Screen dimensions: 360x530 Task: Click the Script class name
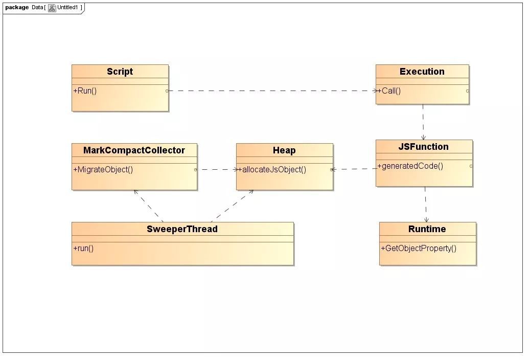pos(120,72)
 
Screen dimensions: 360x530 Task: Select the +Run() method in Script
pos(85,91)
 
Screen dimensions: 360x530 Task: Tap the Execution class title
pos(422,72)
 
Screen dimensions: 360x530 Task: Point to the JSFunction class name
pos(423,147)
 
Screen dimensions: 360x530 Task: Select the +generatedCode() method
pos(410,166)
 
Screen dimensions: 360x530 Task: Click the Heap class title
pos(284,150)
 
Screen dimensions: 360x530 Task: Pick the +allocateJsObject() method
pos(272,169)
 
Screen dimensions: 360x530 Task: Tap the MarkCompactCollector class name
pos(134,150)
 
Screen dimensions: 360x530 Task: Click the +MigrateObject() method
pos(103,169)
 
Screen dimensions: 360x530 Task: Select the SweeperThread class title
pos(182,229)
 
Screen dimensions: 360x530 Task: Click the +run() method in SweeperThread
pos(83,248)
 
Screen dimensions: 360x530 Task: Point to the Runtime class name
pos(427,229)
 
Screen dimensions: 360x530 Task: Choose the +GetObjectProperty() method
pos(418,248)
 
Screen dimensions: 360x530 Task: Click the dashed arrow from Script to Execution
pos(271,91)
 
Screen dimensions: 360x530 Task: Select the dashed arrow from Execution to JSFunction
pos(423,122)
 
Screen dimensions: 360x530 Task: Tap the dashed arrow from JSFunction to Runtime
pos(425,204)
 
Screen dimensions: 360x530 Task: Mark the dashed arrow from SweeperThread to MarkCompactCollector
pos(148,206)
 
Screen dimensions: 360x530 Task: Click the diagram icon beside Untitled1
pos(52,8)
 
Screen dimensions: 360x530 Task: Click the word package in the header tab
pos(17,8)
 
